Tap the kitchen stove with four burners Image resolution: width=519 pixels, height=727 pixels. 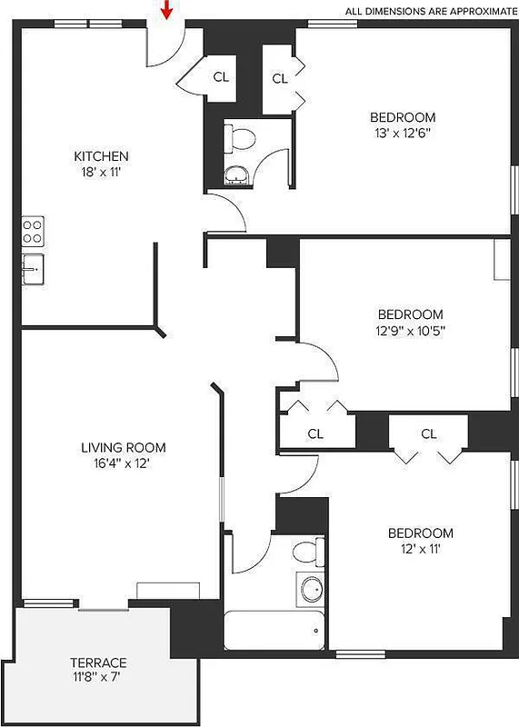[x=33, y=231]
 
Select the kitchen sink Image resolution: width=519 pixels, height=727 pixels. [x=32, y=269]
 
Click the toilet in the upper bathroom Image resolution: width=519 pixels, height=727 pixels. [x=243, y=138]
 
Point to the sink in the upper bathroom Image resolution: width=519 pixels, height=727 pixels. [x=236, y=174]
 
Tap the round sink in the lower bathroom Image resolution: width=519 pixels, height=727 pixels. [x=312, y=589]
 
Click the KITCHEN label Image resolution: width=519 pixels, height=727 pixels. [x=101, y=156]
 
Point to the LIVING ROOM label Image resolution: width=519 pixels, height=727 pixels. [x=124, y=447]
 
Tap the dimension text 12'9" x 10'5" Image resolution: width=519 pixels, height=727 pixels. [x=411, y=331]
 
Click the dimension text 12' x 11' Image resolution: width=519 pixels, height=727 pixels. [x=420, y=548]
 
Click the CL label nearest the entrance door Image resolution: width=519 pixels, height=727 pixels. [x=221, y=76]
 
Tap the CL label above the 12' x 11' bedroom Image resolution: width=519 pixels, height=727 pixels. [x=429, y=433]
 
